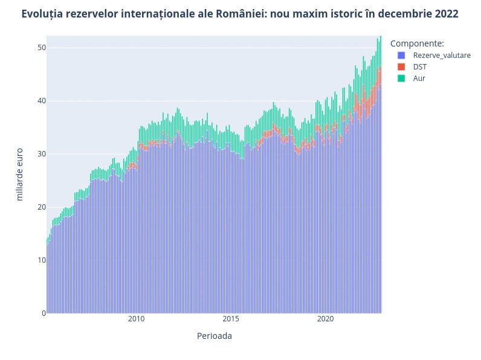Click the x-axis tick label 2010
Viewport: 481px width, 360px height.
(136, 319)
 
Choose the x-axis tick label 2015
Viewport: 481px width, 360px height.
(231, 319)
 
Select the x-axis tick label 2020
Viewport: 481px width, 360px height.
(326, 319)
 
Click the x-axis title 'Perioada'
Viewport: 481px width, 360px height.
(214, 336)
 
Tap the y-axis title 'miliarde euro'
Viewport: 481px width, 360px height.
(19, 174)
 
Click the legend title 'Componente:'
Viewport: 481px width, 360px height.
(418, 43)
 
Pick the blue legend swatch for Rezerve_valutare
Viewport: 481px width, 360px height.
(401, 56)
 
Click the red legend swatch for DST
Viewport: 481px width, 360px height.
(401, 67)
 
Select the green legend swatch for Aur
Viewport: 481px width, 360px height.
(401, 79)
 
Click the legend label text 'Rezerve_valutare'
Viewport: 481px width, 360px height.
(442, 56)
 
